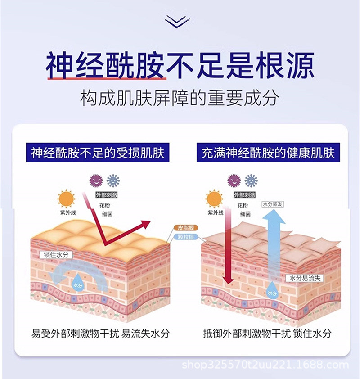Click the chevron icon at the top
[177, 21]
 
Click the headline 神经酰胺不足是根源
[180, 66]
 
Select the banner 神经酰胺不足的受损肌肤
[98, 153]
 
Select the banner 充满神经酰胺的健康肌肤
[268, 153]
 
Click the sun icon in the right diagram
[215, 198]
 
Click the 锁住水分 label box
[56, 255]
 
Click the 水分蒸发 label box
[273, 204]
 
